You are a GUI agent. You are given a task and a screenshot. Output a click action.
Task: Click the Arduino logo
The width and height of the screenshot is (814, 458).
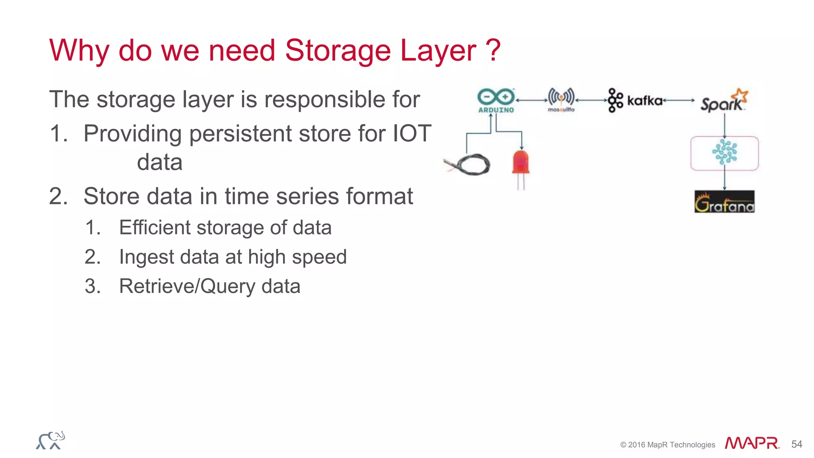point(496,100)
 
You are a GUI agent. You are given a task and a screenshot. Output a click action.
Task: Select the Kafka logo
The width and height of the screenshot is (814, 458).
point(635,100)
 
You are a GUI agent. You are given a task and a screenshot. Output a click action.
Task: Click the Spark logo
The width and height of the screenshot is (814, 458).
point(723,101)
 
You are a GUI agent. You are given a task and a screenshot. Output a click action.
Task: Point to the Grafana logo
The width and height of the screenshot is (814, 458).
point(724,202)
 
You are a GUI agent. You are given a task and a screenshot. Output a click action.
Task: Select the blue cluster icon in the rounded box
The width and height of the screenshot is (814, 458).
point(724,152)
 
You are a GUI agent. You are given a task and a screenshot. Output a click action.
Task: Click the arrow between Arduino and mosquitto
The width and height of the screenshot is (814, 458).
point(532,101)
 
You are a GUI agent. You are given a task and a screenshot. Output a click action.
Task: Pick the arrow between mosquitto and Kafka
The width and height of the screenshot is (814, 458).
point(591,101)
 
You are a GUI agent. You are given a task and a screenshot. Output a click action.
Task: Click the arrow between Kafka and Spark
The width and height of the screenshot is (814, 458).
point(679,101)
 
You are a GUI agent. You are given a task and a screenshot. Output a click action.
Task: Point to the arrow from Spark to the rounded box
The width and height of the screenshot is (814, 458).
point(724,125)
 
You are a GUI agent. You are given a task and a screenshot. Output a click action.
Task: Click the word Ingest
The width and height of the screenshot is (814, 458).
point(147,257)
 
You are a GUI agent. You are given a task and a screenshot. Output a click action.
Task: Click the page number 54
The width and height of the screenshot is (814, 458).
point(797,444)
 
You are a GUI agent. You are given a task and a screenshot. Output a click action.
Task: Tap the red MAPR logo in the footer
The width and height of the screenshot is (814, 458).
point(752,443)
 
